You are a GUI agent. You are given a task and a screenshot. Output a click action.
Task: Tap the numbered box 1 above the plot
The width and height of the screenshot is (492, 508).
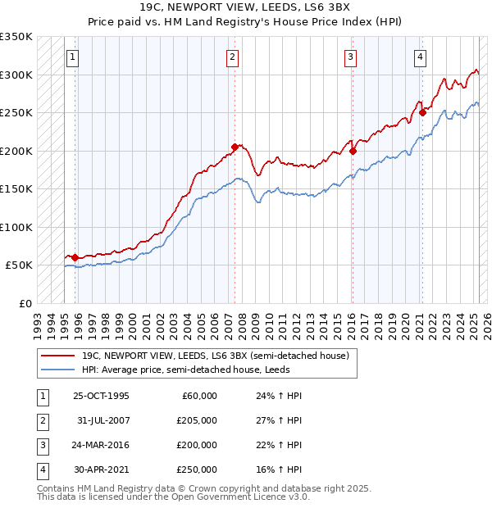(74, 57)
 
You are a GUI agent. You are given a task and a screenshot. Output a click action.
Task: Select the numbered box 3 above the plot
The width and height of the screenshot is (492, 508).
(350, 57)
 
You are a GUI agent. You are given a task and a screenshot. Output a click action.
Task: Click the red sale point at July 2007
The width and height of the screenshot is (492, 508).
(235, 147)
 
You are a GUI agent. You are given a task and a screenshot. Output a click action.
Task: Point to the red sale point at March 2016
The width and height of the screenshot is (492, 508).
(353, 151)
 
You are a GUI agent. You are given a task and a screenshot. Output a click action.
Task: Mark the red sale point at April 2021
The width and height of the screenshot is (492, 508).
(422, 113)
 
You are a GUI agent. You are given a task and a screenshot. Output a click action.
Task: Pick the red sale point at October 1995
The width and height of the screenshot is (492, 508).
(75, 257)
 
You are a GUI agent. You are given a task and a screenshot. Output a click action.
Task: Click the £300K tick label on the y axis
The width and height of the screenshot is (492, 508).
(16, 75)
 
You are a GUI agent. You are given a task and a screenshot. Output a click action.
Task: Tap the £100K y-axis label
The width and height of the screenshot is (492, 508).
(16, 227)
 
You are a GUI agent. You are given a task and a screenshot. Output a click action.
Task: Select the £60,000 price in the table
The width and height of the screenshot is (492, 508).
(199, 396)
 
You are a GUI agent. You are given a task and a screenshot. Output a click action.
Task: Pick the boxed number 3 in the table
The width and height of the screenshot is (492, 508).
(42, 446)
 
